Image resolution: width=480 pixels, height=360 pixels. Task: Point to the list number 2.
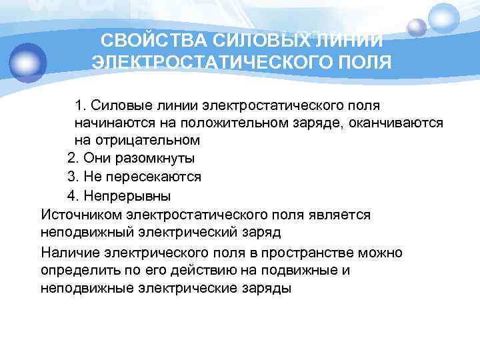(x=73, y=159)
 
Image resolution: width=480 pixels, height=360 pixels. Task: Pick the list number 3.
(x=73, y=178)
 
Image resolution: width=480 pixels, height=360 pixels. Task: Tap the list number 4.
(x=73, y=196)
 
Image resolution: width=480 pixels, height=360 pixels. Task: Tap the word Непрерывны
(x=127, y=196)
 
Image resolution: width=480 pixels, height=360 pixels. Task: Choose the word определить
(x=77, y=271)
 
